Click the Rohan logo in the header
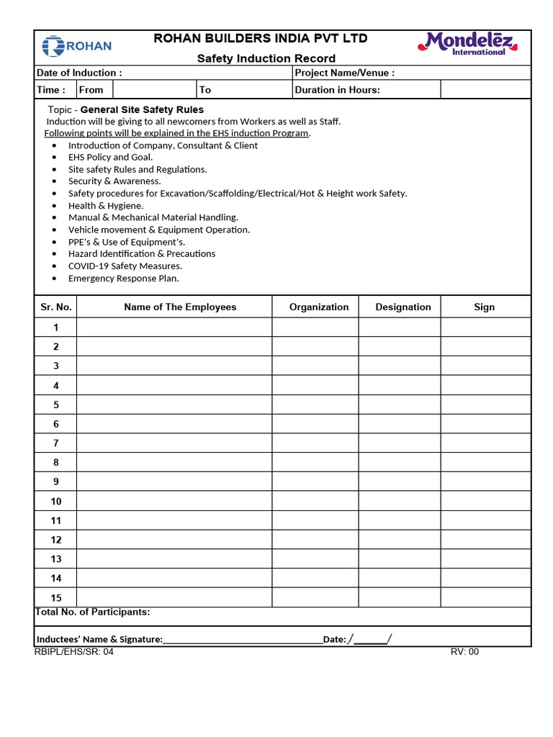pos(77,47)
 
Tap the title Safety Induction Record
pos(266,58)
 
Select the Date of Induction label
pos(79,73)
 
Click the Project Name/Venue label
pos(345,73)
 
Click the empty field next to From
pos(155,90)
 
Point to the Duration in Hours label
pos(338,90)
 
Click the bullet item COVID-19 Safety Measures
pos(125,266)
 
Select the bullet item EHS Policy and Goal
pos(110,157)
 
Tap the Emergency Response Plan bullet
pos(123,278)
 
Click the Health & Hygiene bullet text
pos(106,205)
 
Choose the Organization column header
pos(319,307)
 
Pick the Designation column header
pos(403,307)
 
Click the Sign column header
pos(485,307)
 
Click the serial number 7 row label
pos(55,443)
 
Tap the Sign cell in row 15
pos(485,597)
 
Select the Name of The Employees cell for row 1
pos(174,327)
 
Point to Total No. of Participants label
pos(93,612)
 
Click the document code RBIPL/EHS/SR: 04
pos(73,652)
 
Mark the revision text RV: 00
pos(464,652)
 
